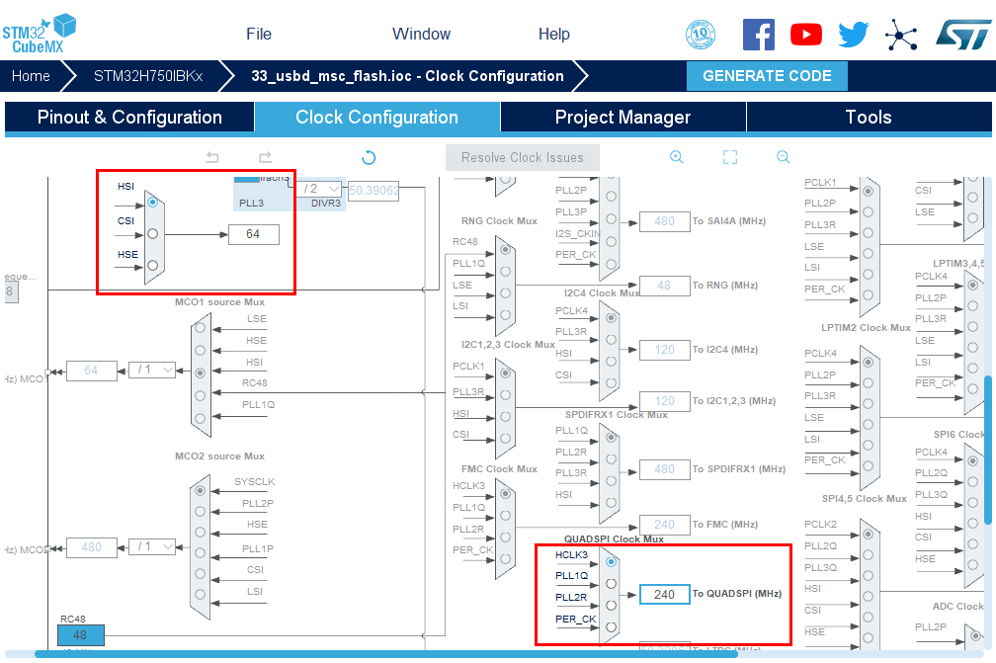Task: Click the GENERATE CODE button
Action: pyautogui.click(x=767, y=76)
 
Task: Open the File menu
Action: pyautogui.click(x=259, y=34)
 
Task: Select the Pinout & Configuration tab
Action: pyautogui.click(x=129, y=117)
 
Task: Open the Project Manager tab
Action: pyautogui.click(x=622, y=117)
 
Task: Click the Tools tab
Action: pyautogui.click(x=869, y=117)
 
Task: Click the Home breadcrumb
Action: pyautogui.click(x=31, y=76)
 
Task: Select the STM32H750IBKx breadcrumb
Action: pyautogui.click(x=148, y=76)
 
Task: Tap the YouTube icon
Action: pyautogui.click(x=806, y=35)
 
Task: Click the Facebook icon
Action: pyautogui.click(x=758, y=35)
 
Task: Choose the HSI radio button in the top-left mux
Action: pyautogui.click(x=152, y=203)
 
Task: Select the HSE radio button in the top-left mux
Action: pyautogui.click(x=152, y=266)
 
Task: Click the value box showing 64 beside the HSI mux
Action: pyautogui.click(x=253, y=234)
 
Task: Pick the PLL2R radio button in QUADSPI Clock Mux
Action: pyautogui.click(x=611, y=606)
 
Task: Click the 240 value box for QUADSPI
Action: pyautogui.click(x=664, y=594)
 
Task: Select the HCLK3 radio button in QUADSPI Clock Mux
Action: pyautogui.click(x=611, y=562)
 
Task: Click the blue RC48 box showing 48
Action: pyautogui.click(x=80, y=635)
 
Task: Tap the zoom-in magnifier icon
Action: pyautogui.click(x=677, y=157)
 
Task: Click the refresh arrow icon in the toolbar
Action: pyautogui.click(x=369, y=157)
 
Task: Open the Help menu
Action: pyautogui.click(x=553, y=34)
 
